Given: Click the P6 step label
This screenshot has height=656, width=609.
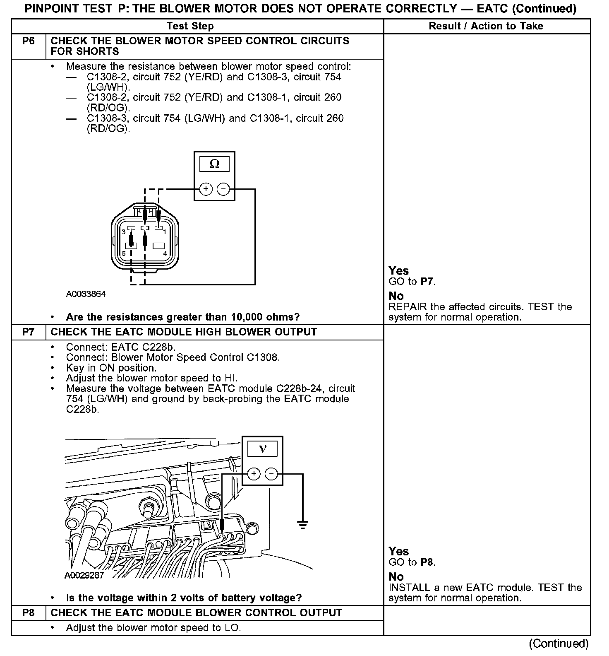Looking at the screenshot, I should [28, 41].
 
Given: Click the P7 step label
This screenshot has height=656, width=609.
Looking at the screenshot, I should [28, 332].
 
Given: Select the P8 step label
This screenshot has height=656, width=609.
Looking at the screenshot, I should [28, 613].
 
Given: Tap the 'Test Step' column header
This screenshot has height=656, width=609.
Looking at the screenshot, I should [190, 26].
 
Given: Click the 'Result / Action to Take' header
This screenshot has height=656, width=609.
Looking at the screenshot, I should [486, 26].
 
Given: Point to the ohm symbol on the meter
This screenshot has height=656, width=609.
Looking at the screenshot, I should [214, 164].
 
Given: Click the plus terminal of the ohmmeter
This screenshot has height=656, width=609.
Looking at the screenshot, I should [206, 189].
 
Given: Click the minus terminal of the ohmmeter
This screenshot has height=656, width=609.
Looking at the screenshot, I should [223, 189].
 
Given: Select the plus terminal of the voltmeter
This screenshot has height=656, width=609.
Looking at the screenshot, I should [254, 474].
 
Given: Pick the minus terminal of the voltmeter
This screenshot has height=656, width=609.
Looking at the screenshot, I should [271, 474].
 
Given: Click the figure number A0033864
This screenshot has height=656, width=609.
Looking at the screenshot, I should [86, 294].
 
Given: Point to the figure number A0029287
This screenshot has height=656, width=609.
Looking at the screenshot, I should [84, 575].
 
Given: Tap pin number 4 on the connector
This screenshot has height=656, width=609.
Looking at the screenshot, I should [165, 253].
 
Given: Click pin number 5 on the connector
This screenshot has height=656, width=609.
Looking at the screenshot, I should [123, 253].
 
